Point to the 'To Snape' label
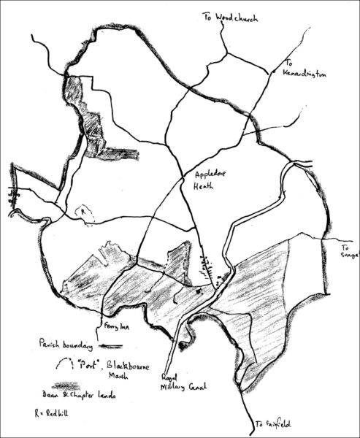(348, 252)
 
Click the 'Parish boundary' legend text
(61, 343)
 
